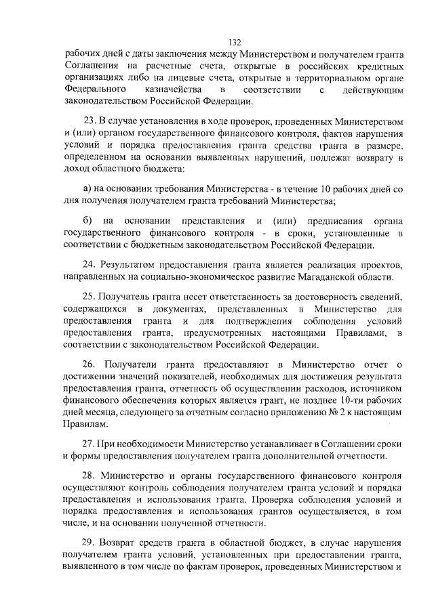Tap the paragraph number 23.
point(87,122)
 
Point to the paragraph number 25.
point(88,297)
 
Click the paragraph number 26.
point(89,366)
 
